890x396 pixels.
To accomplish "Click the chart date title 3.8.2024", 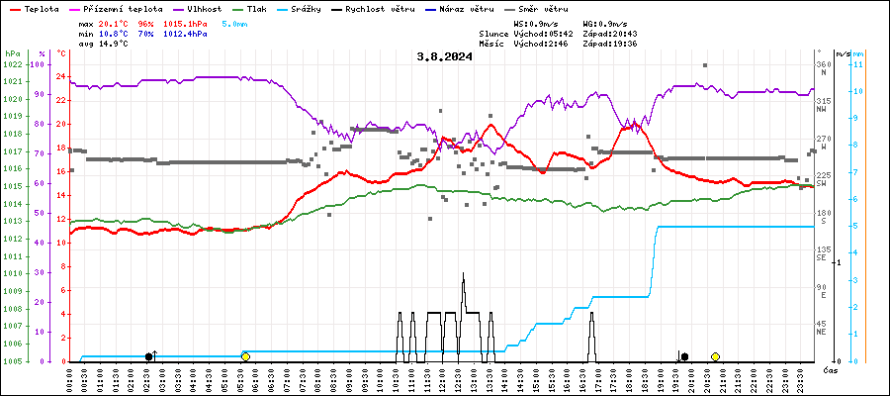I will [444, 56].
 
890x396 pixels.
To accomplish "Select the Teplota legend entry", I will [35, 8].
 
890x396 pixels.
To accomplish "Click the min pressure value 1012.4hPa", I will [185, 34].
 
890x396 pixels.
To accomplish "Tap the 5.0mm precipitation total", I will [235, 23].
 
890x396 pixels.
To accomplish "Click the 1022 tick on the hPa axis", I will [12, 65].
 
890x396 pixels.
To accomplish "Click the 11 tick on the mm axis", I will [859, 65].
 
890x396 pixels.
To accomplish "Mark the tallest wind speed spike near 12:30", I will [463, 273].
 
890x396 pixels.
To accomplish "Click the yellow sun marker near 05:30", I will [245, 356].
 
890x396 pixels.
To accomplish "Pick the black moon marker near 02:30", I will [149, 356].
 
